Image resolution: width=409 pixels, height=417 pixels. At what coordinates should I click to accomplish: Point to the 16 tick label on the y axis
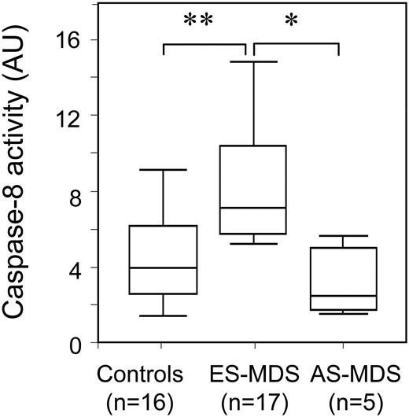[x=72, y=39]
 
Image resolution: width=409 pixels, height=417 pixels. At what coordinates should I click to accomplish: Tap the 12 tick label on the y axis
[x=72, y=116]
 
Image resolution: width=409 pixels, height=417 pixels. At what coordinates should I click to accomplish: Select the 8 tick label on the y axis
[x=77, y=192]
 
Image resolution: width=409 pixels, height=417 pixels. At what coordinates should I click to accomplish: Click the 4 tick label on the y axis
[x=77, y=268]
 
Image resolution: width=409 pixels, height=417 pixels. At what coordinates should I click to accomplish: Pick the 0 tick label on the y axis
[x=77, y=344]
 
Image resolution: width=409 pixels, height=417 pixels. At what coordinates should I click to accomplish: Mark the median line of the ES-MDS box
[x=253, y=208]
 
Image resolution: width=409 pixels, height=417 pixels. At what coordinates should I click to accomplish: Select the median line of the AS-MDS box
[x=338, y=296]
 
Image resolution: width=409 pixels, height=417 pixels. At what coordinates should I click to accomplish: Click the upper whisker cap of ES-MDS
[x=253, y=61]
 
